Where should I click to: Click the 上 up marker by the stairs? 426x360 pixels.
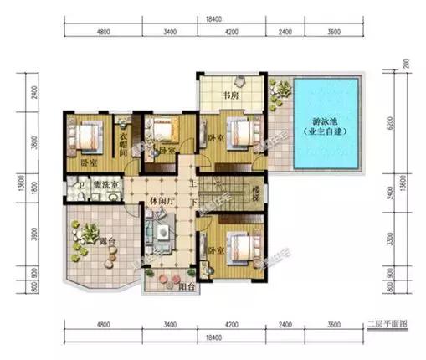coord(193,183)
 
